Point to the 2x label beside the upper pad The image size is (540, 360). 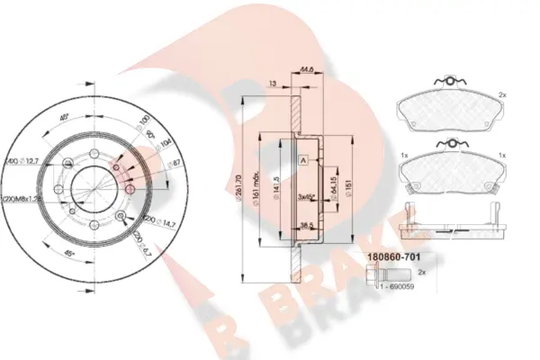(x=502, y=94)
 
